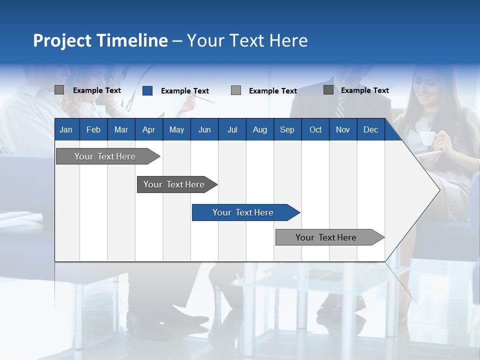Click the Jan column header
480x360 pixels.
pos(66,130)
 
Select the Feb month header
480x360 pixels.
pos(93,130)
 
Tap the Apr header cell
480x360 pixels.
pos(148,130)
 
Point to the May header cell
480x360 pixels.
pos(176,130)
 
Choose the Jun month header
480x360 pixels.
pos(204,130)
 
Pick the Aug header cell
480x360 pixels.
pos(259,130)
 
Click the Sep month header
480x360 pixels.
pos(287,130)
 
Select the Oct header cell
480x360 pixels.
pos(315,130)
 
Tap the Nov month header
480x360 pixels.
pos(343,130)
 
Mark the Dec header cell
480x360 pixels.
pos(370,130)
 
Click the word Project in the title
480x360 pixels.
pos(62,40)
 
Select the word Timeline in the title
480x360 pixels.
pos(131,40)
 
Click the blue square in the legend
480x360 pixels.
pos(147,90)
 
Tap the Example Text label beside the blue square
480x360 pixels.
pos(184,91)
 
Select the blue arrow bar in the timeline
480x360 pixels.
pos(245,212)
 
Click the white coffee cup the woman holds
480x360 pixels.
pos(426,138)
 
